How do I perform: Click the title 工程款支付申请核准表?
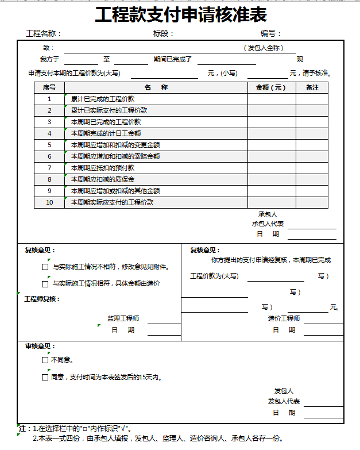180,15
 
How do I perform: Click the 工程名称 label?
43,33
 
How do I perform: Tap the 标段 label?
163,33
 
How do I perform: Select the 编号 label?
270,33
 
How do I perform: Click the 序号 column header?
49,88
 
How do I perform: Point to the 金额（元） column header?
271,88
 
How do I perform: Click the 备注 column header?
312,88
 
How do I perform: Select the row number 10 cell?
49,202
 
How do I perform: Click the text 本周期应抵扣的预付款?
103,168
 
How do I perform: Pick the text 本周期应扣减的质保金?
103,179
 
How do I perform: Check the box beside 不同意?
45,360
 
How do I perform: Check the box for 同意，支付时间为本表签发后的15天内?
45,378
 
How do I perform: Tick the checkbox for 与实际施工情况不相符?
45,267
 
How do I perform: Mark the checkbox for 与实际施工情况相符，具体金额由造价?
45,284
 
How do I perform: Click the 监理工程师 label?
123,318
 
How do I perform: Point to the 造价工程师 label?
284,318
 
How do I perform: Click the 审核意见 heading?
40,347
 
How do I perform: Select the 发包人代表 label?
284,401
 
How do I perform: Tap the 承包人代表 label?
268,224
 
